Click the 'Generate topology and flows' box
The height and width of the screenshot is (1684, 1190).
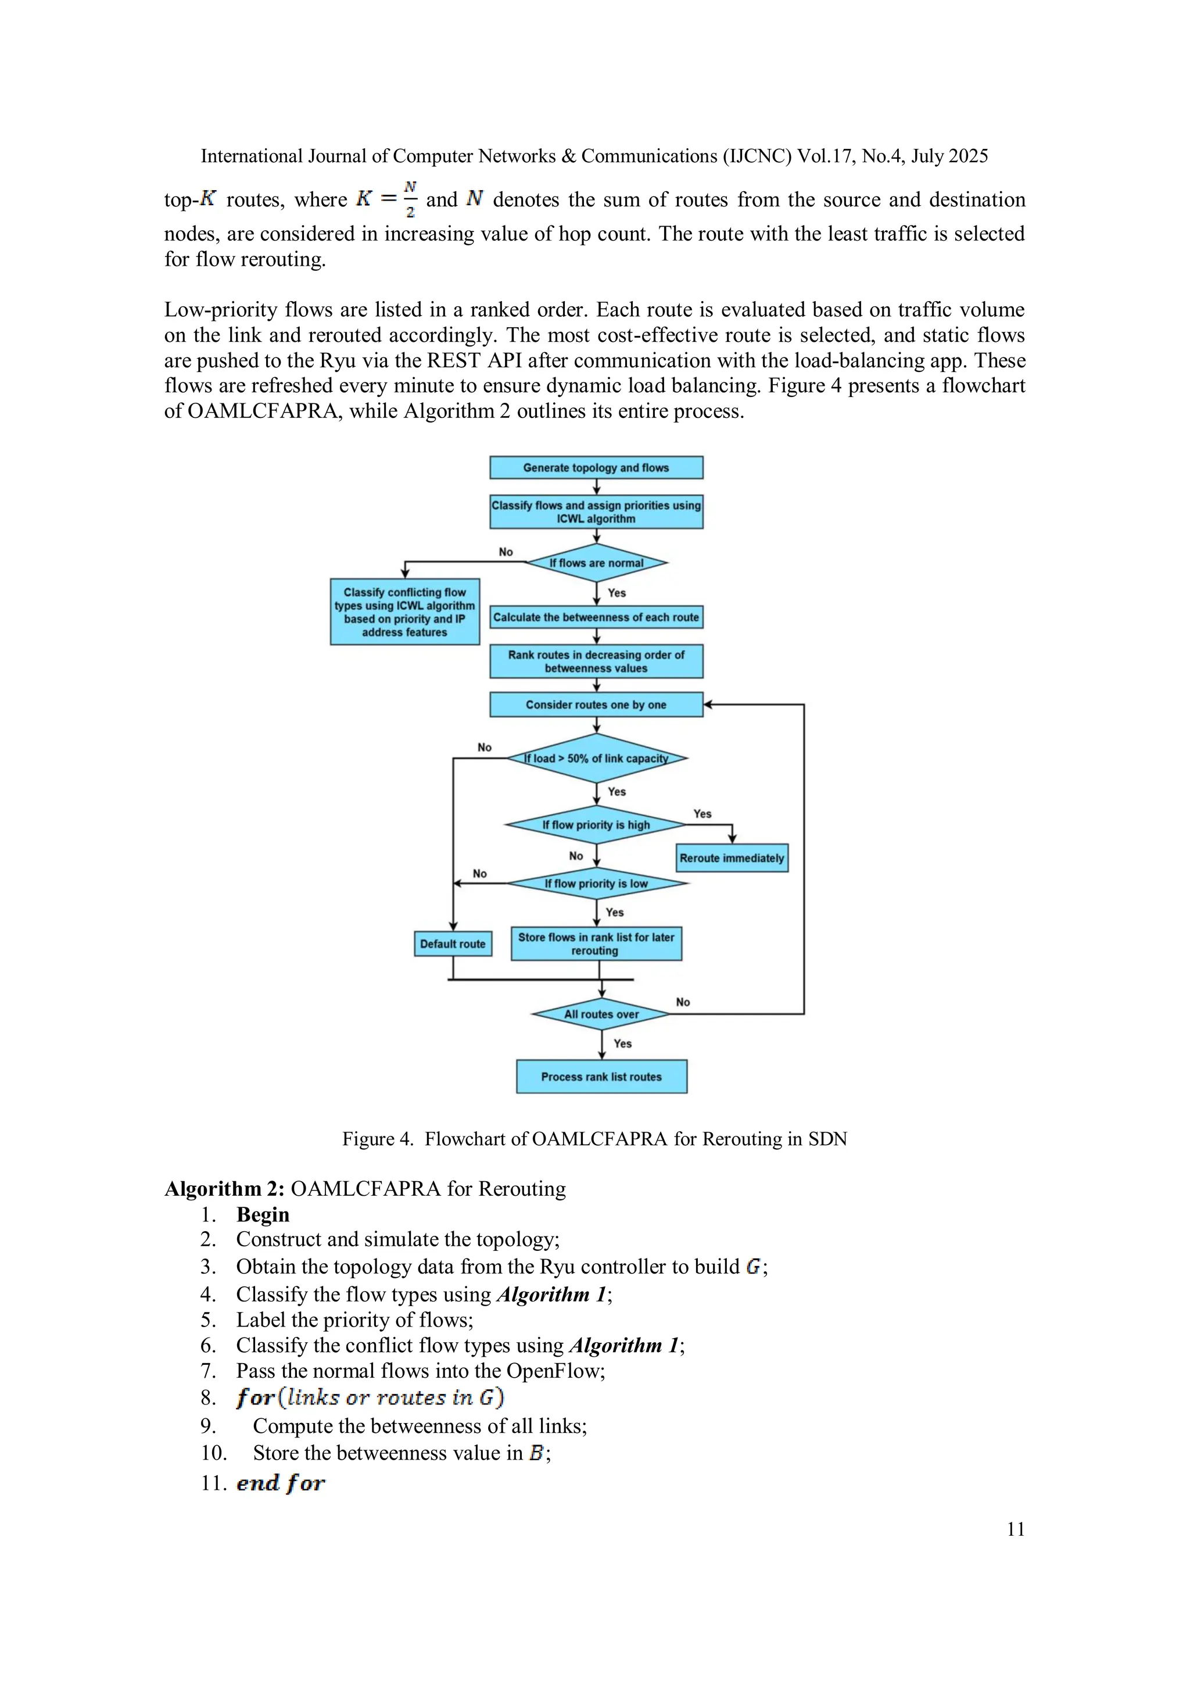click(x=596, y=467)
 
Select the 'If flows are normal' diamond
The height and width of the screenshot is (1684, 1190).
click(x=596, y=563)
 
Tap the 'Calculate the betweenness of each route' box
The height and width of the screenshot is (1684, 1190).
click(x=596, y=617)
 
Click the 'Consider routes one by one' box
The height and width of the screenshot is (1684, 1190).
click(x=596, y=704)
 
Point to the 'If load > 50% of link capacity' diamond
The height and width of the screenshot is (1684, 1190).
click(x=596, y=757)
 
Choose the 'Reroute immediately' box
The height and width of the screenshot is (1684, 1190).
click(x=732, y=857)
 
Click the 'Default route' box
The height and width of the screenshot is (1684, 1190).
click(x=453, y=943)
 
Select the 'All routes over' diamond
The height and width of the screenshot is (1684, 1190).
click(x=601, y=1014)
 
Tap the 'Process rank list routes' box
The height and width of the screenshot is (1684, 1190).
click(x=601, y=1076)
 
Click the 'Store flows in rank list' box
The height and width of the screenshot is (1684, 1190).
click(x=596, y=943)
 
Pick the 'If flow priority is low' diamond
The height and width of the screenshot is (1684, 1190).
click(x=596, y=883)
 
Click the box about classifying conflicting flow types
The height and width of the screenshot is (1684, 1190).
click(x=405, y=612)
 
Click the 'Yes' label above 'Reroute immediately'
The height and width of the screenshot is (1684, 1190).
click(x=702, y=813)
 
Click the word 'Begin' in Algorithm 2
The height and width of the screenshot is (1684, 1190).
click(x=263, y=1214)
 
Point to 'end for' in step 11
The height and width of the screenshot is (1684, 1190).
click(x=280, y=1482)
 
